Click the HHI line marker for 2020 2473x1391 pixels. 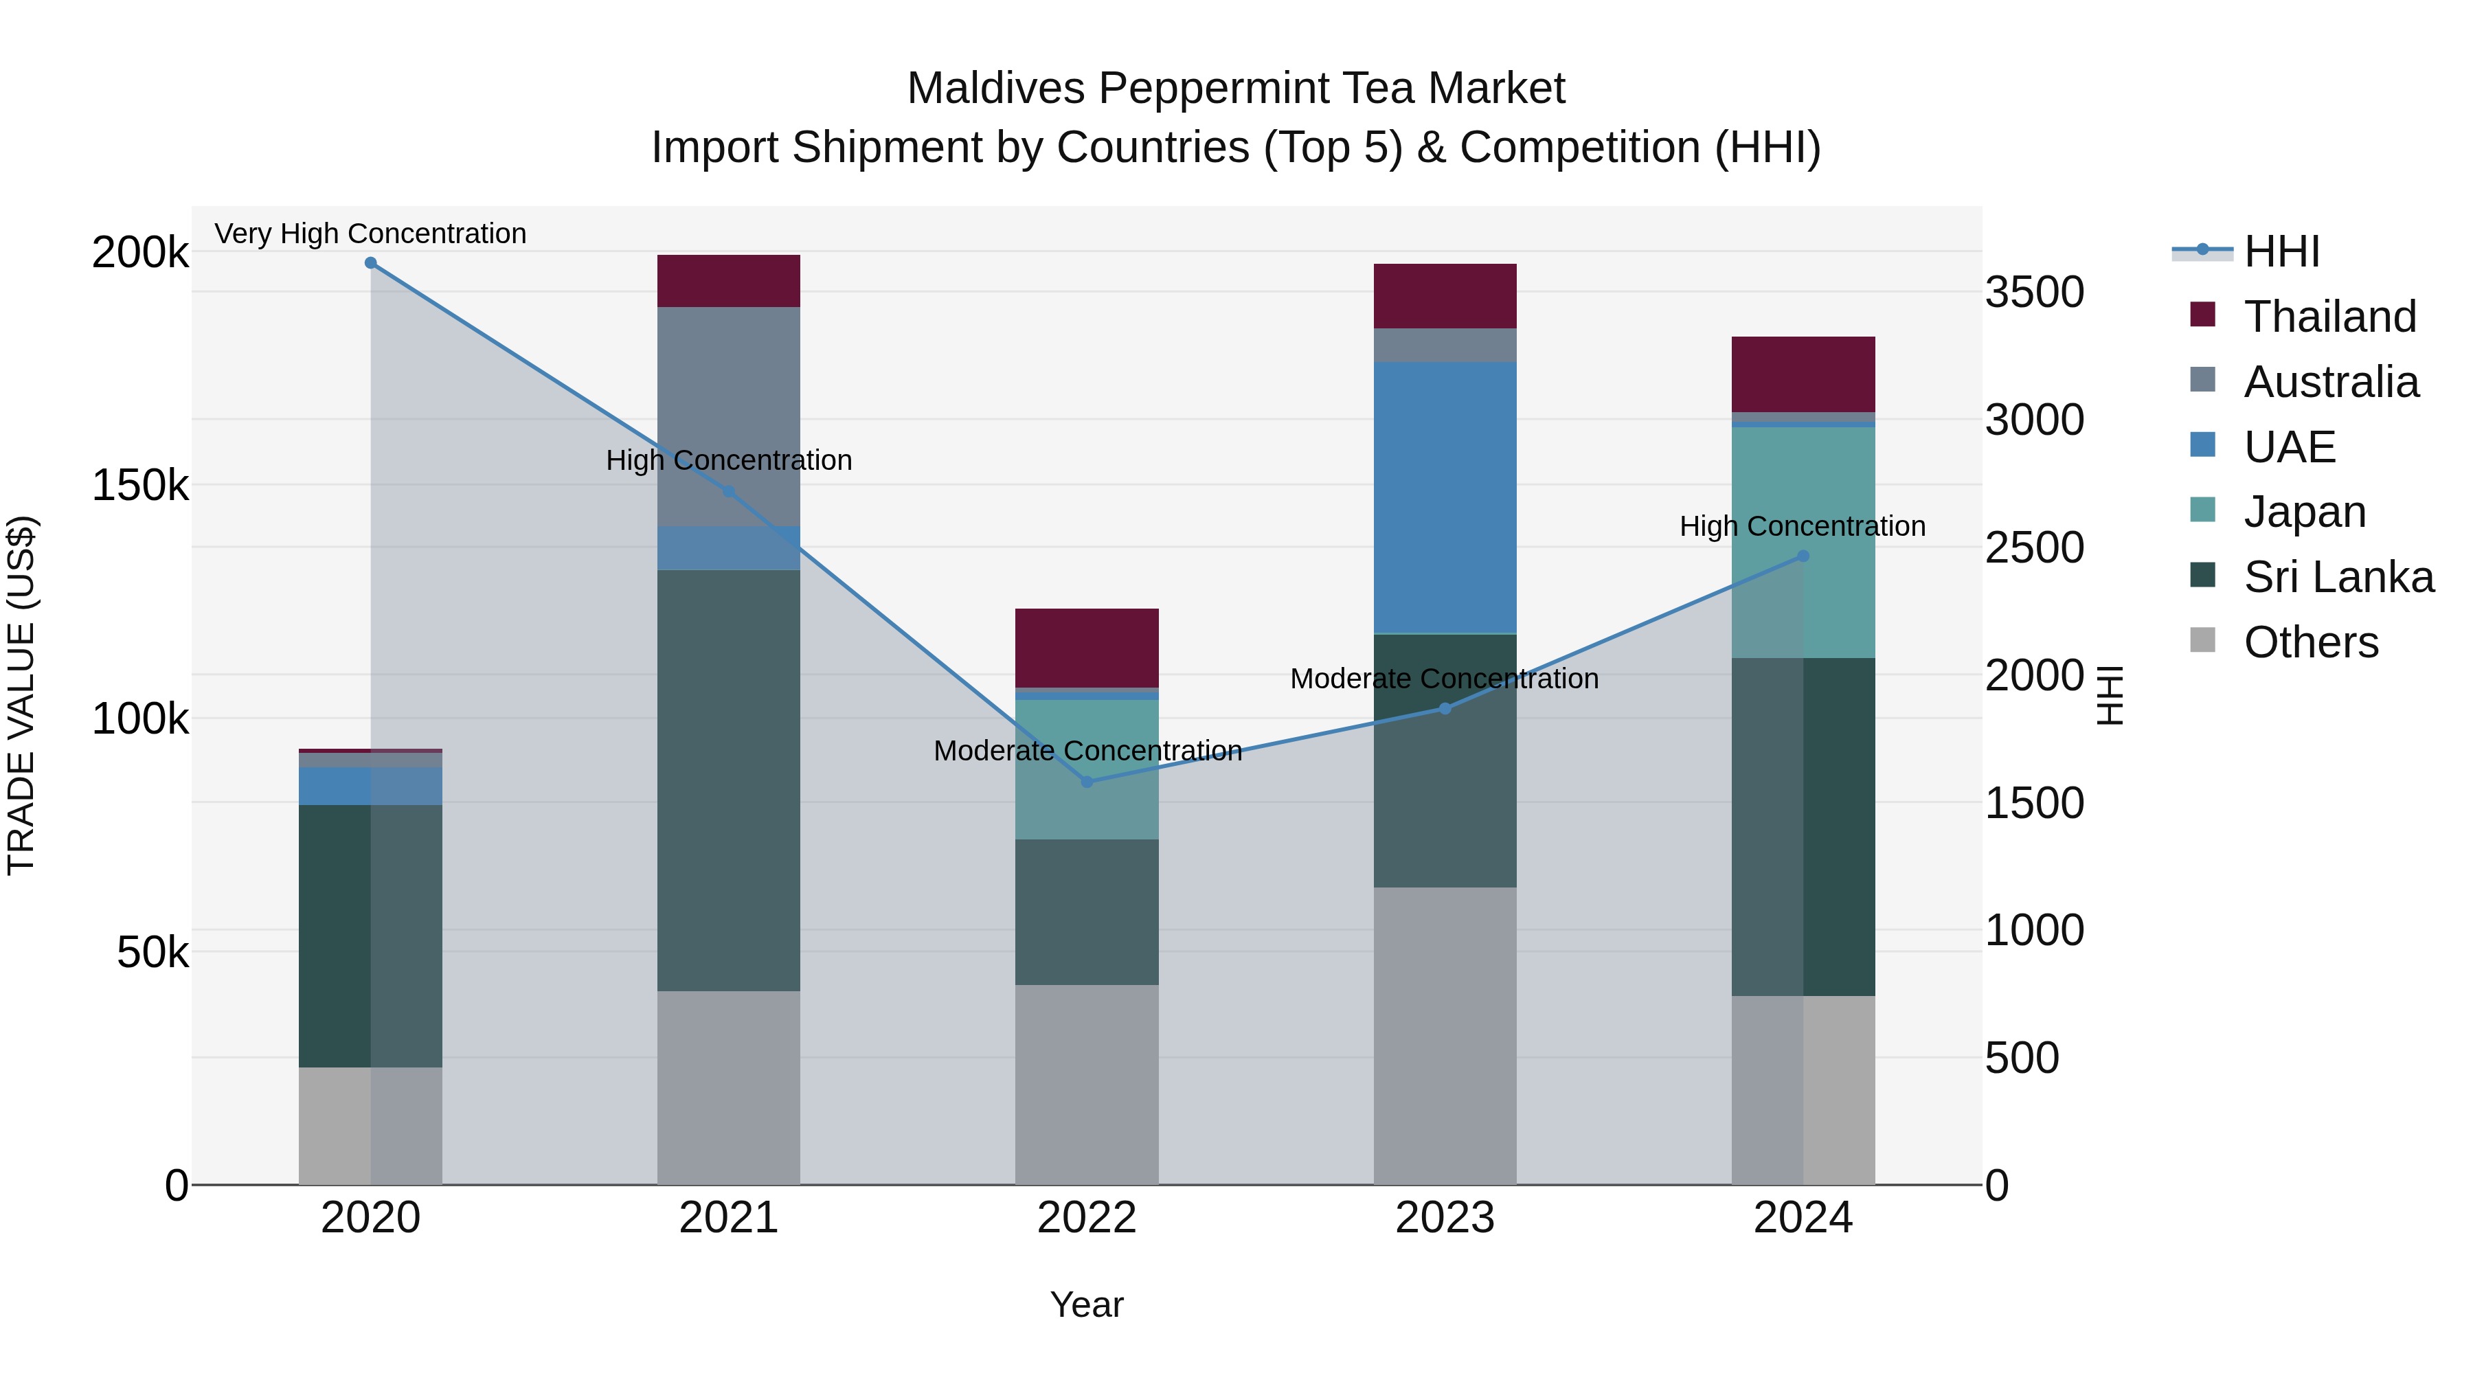click(x=370, y=263)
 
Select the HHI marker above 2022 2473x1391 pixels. click(x=1087, y=782)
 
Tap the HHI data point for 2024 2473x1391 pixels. click(x=1803, y=556)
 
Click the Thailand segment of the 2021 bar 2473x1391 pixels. click(x=729, y=281)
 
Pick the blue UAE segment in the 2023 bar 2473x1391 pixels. click(x=1445, y=497)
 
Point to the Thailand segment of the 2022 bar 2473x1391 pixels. click(x=1087, y=648)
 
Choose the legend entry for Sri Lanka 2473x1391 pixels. click(x=2337, y=577)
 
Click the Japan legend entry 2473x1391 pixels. click(x=2303, y=512)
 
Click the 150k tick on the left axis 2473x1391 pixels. click(x=140, y=486)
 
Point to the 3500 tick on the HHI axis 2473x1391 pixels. click(x=2034, y=292)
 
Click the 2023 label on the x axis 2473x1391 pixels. click(x=1445, y=1218)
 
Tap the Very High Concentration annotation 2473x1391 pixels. click(x=370, y=234)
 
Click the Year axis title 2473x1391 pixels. click(x=1087, y=1304)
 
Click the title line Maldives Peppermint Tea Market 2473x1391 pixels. click(x=1236, y=89)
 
